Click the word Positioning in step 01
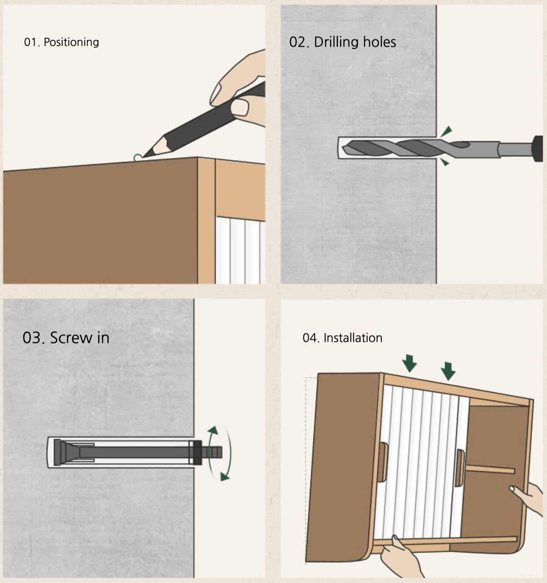[x=71, y=42]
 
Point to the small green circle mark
[x=137, y=158]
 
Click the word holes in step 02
[x=380, y=42]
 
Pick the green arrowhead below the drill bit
[x=445, y=162]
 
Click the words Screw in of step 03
[x=80, y=338]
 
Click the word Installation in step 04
[x=353, y=338]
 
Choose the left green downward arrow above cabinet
[x=410, y=363]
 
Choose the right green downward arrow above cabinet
[x=448, y=370]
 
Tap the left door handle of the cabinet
[x=382, y=462]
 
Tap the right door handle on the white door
[x=459, y=468]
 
